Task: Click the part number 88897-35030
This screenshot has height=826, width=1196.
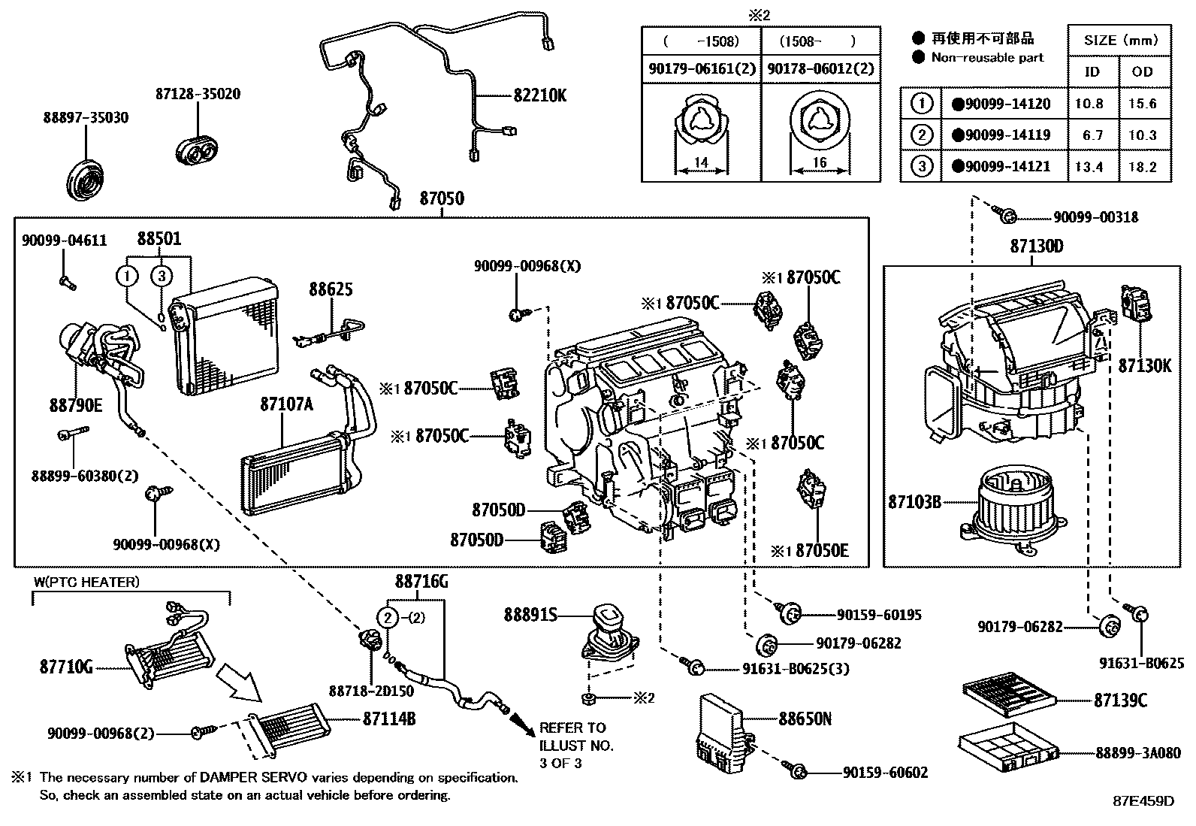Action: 85,118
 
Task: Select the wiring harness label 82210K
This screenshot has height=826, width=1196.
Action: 540,95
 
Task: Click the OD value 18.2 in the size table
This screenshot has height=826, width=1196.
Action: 1142,167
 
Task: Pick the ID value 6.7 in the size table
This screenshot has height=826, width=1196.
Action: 1089,135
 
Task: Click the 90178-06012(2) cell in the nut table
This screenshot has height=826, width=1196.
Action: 820,69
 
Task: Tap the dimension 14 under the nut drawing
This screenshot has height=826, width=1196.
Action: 701,162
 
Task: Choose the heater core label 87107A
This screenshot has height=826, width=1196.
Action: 286,404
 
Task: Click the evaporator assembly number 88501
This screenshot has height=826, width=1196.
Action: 159,239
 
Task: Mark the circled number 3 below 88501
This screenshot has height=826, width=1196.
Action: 162,277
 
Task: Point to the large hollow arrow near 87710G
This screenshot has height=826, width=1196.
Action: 238,682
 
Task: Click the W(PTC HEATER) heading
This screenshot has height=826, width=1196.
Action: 86,582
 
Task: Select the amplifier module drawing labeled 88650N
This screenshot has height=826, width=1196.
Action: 721,733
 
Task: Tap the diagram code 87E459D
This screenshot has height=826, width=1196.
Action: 1143,801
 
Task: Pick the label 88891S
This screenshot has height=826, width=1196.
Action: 530,616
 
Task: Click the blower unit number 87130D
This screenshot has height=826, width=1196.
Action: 1036,246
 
